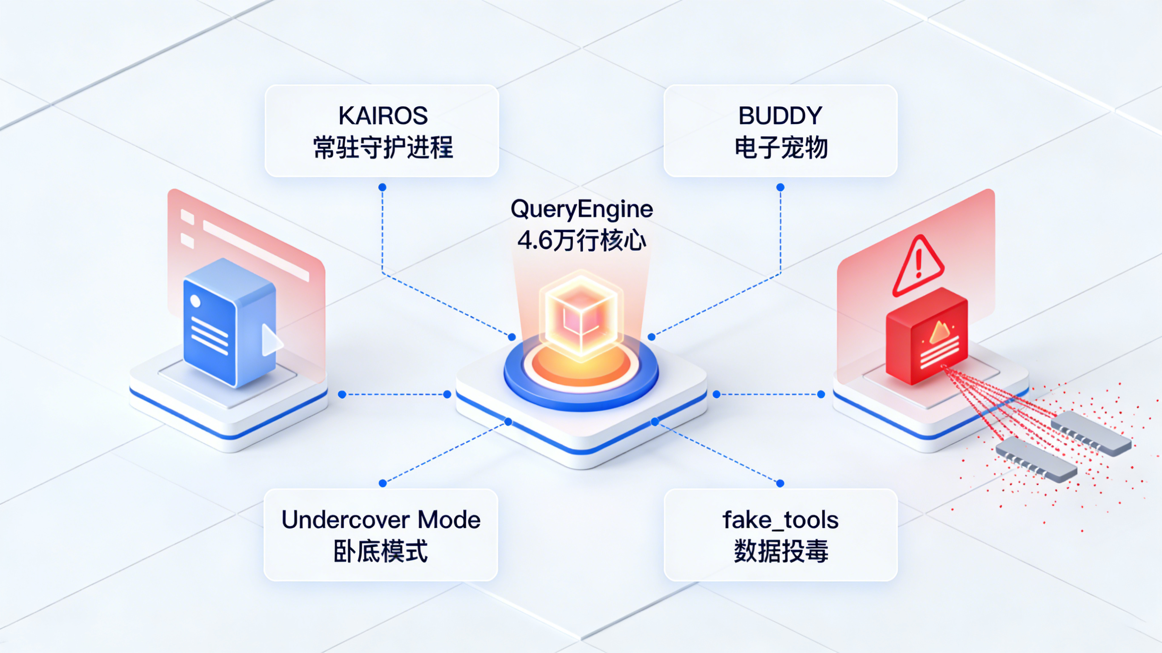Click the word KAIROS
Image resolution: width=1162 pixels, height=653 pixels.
tap(383, 116)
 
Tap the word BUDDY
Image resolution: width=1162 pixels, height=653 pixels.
tap(780, 116)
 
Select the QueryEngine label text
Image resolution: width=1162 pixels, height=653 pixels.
tap(581, 209)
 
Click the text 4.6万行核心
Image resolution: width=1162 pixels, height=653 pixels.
tap(581, 240)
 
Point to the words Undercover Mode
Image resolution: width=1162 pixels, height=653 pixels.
tap(381, 519)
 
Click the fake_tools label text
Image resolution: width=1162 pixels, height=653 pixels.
tap(780, 519)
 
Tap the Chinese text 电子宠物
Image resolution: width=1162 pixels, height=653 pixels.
tap(781, 148)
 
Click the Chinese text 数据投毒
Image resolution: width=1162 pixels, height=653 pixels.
tap(781, 551)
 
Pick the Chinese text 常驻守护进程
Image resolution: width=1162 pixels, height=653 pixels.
tap(383, 148)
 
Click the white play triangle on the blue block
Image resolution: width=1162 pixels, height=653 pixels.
tap(271, 340)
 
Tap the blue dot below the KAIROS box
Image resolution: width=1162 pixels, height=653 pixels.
tap(382, 187)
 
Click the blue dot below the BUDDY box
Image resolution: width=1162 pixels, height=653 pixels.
tap(780, 187)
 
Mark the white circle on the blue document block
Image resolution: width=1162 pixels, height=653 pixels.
tap(195, 301)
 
